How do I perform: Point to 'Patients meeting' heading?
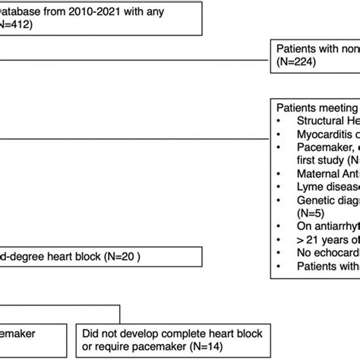point(317,108)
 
